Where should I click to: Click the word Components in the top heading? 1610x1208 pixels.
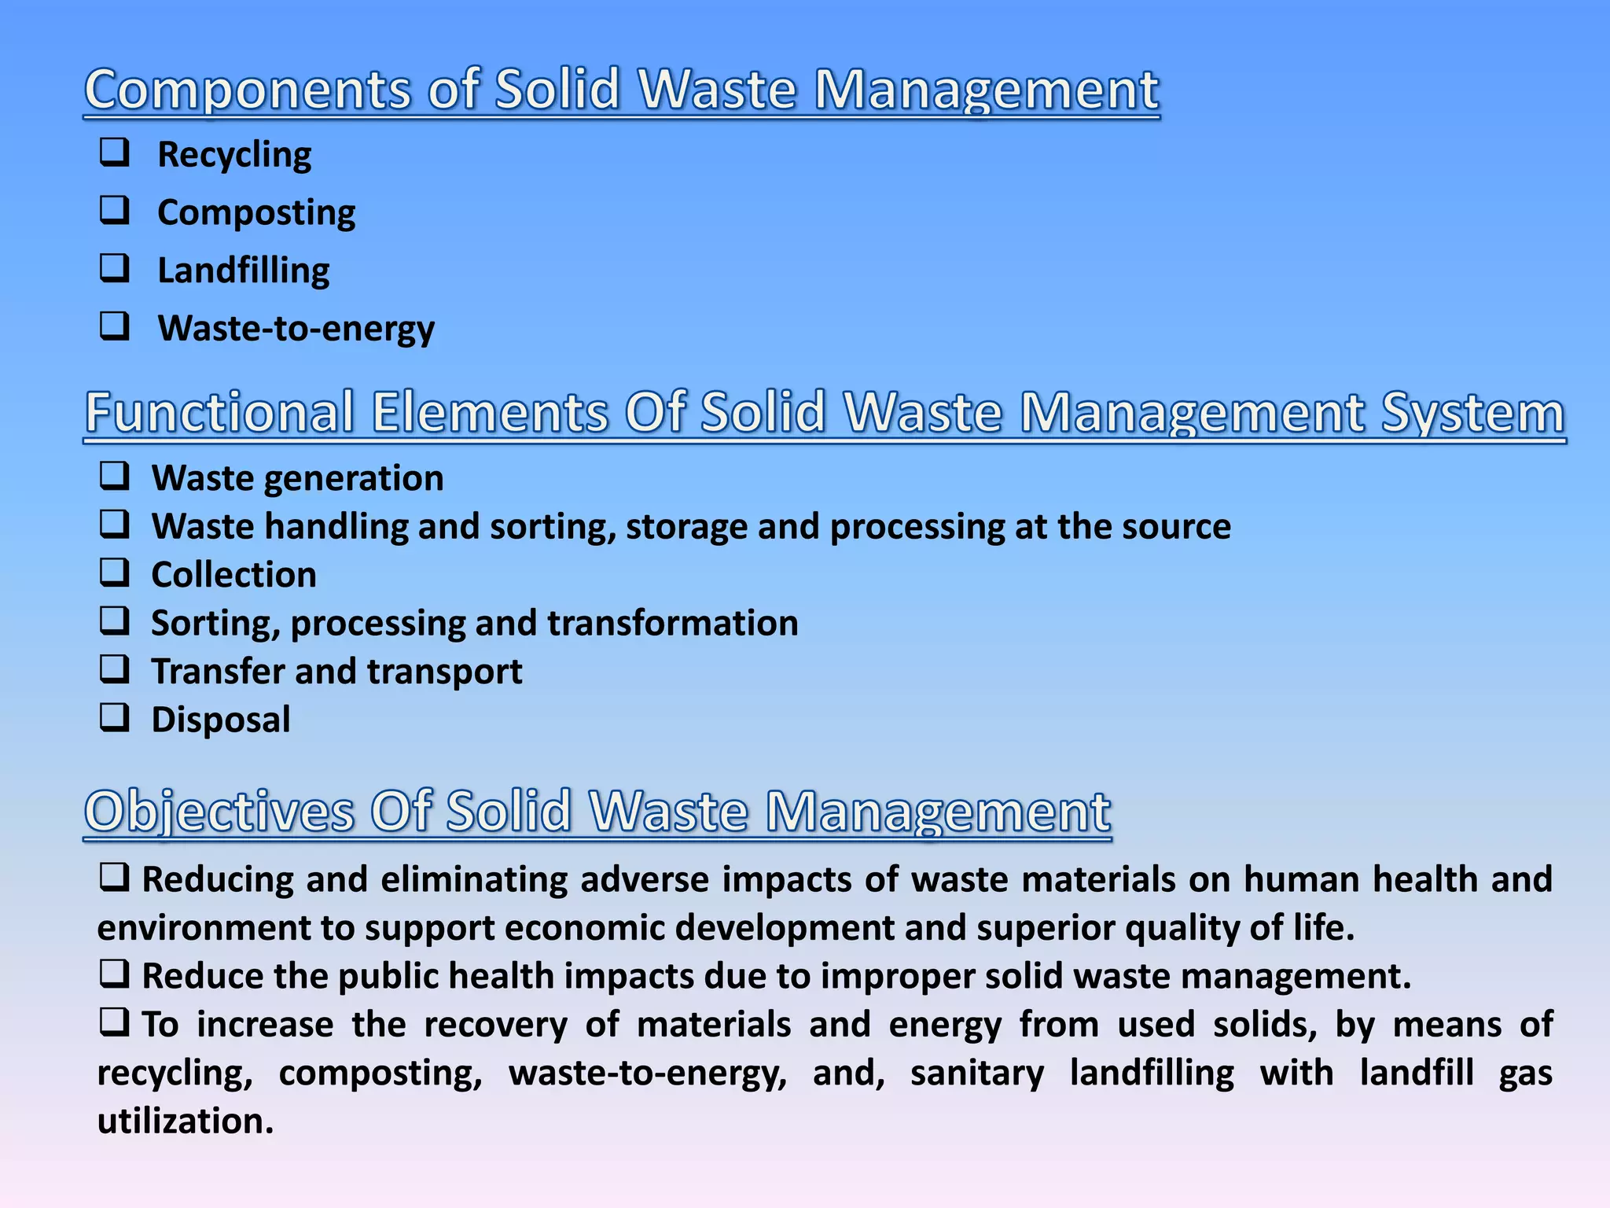tap(248, 90)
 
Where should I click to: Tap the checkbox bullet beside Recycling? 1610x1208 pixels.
tap(115, 152)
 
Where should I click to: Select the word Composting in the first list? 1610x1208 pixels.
tap(256, 212)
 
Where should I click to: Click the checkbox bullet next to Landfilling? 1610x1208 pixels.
tap(115, 268)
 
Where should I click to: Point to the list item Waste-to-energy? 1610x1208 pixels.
tap(296, 329)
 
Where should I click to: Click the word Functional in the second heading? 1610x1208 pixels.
tap(219, 412)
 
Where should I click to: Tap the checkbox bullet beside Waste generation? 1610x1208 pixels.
tap(115, 476)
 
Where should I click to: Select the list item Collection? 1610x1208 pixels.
tap(233, 575)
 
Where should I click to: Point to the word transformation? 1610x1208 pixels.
tap(672, 623)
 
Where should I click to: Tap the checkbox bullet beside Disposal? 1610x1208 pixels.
tap(115, 717)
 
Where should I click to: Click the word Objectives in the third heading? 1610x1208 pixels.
tap(219, 812)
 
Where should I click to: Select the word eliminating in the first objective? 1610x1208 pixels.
tap(474, 879)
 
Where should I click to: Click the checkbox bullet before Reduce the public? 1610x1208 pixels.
tap(115, 974)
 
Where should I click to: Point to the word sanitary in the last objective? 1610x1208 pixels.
tap(977, 1074)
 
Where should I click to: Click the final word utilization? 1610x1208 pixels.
tap(186, 1121)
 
